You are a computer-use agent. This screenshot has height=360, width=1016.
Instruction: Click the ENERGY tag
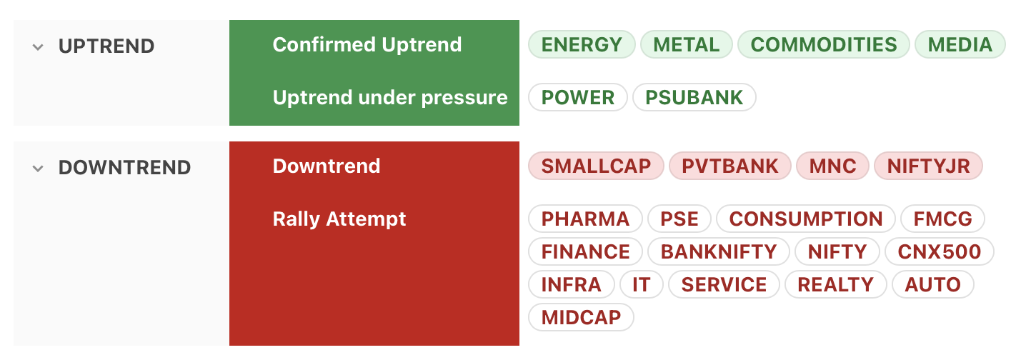pos(582,44)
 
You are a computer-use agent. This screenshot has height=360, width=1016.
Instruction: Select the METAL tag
pos(686,44)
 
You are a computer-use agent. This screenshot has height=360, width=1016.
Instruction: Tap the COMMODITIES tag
pos(824,44)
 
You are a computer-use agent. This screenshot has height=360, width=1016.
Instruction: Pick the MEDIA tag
pos(960,44)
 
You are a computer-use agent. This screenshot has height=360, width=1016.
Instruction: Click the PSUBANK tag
pos(694,97)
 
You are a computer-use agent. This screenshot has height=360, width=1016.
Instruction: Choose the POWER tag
pos(578,97)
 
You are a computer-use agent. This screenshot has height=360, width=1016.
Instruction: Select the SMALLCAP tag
pos(596,166)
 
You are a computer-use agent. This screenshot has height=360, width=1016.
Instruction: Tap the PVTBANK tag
pos(730,166)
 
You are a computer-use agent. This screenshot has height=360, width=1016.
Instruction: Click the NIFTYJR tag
pos(928,166)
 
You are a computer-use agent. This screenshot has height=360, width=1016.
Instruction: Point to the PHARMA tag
pos(585,219)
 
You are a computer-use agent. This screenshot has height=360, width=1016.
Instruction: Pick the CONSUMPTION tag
pos(805,219)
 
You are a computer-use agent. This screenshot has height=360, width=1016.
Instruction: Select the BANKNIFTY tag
pos(719,251)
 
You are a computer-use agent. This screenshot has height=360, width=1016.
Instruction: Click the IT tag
pos(642,284)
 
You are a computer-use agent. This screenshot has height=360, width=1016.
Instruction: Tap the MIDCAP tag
pos(581,317)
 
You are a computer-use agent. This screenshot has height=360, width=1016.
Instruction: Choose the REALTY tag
pos(835,284)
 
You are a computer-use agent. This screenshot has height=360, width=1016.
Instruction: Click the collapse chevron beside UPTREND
pos(38,46)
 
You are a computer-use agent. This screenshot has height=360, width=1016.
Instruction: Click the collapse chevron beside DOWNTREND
pos(38,168)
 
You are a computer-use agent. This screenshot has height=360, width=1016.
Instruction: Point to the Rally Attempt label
pos(339,219)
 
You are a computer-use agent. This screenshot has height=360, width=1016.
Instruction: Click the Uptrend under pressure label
pos(390,97)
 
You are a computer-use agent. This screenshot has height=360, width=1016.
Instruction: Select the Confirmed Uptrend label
pos(367,44)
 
